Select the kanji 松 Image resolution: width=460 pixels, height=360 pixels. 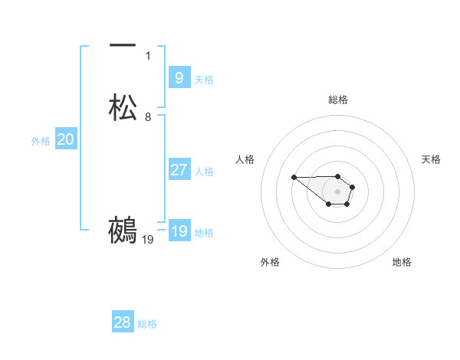pos(123,107)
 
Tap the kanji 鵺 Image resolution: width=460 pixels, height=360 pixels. pos(123,231)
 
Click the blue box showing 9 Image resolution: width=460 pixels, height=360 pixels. pos(179,77)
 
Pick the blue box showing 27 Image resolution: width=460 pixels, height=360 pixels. pos(179,169)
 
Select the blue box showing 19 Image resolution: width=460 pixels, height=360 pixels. pos(179,231)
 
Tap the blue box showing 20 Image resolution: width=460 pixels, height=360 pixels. pos(65,139)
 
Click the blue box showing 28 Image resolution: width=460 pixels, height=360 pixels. pos(123,322)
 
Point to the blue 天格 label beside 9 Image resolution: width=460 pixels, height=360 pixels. pos(204,79)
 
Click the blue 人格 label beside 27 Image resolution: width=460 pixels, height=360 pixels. pos(205,171)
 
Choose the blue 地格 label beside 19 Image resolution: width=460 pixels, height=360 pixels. pos(204,233)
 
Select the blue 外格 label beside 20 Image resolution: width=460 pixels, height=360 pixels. pos(40,141)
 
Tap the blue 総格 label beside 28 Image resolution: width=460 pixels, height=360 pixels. pos(147,324)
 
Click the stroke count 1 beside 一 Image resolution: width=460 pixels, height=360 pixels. pos(148,55)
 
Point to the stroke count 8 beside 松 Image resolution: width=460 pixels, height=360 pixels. pos(148,117)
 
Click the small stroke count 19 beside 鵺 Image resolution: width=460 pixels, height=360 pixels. pos(148,240)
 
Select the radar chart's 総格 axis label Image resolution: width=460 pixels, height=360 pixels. pos(338,100)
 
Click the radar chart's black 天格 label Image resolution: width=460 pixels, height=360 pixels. pos(431,159)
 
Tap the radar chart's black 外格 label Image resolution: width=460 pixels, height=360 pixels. pos(270,262)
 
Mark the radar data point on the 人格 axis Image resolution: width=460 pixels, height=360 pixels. pos(294,177)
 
